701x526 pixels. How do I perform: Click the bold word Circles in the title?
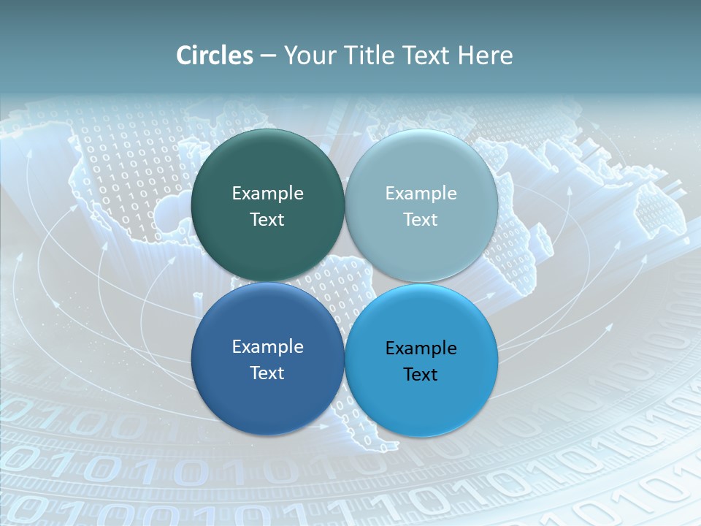pyautogui.click(x=214, y=56)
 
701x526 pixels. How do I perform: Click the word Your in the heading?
pyautogui.click(x=309, y=56)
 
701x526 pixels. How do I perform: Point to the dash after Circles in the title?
pyautogui.click(x=268, y=56)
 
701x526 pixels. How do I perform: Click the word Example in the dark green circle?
pyautogui.click(x=267, y=194)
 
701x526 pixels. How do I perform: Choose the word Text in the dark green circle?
pyautogui.click(x=267, y=219)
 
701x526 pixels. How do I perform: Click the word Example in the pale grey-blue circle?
pyautogui.click(x=421, y=194)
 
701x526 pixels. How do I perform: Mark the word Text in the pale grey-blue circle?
pyautogui.click(x=421, y=219)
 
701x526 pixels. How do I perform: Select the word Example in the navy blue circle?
pyautogui.click(x=267, y=347)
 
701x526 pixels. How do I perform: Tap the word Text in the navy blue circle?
pyautogui.click(x=267, y=373)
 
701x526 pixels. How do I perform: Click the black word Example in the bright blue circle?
pyautogui.click(x=421, y=348)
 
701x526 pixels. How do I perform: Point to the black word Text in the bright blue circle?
pyautogui.click(x=421, y=374)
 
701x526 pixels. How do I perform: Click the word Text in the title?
pyautogui.click(x=426, y=56)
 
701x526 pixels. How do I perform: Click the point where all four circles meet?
pyautogui.click(x=345, y=282)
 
